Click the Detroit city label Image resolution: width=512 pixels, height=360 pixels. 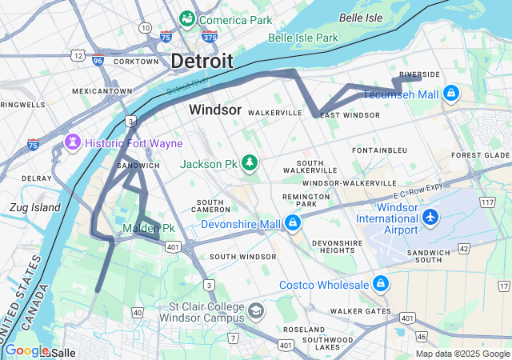pyautogui.click(x=202, y=61)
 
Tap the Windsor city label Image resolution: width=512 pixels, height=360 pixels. pyautogui.click(x=215, y=110)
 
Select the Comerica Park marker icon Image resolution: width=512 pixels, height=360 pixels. pyautogui.click(x=188, y=18)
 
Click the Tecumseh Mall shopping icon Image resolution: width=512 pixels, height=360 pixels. pyautogui.click(x=451, y=94)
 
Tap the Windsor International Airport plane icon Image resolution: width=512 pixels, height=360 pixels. pyautogui.click(x=431, y=216)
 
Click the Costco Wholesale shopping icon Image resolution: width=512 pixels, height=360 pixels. pyautogui.click(x=380, y=284)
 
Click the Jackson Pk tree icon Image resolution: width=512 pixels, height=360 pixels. pyautogui.click(x=250, y=163)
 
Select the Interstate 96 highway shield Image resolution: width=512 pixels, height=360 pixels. pyautogui.click(x=98, y=60)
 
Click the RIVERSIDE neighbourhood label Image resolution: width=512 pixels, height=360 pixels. pyautogui.click(x=419, y=74)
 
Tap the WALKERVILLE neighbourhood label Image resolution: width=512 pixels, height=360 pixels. pyautogui.click(x=274, y=113)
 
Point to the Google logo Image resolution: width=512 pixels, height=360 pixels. pyautogui.click(x=26, y=350)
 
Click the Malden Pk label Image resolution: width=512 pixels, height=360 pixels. pyautogui.click(x=148, y=229)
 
